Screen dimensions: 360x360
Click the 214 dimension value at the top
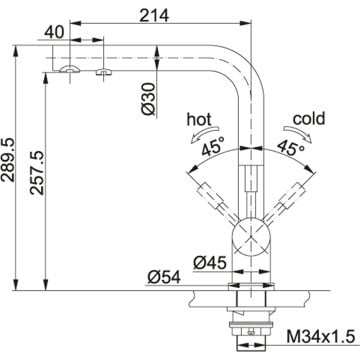(153, 13)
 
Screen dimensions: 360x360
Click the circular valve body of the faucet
(249, 240)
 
